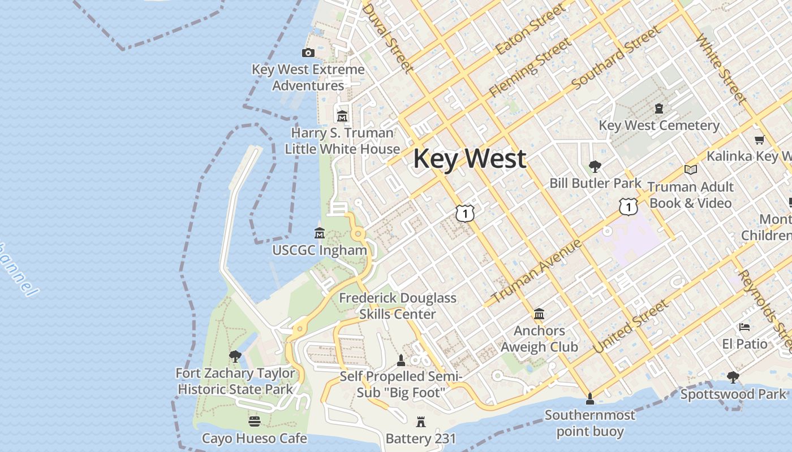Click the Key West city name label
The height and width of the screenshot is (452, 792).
pos(470,159)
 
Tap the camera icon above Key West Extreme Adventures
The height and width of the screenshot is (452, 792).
pos(308,53)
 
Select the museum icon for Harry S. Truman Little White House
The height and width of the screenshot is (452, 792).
pos(342,116)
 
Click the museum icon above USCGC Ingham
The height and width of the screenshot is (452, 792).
pos(320,233)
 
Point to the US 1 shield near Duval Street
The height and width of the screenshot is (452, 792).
pos(464,214)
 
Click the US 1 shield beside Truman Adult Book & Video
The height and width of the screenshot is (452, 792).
pos(628,207)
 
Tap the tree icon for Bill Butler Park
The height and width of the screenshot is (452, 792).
pos(595,167)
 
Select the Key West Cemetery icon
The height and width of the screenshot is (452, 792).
pos(659,108)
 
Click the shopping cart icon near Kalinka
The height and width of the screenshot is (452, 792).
pos(759,140)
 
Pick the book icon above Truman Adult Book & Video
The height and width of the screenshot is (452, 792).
pos(690,169)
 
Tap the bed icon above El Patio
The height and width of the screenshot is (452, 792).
pos(744,327)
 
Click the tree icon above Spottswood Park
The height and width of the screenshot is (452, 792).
pos(733,377)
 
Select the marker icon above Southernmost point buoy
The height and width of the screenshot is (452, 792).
pos(590,399)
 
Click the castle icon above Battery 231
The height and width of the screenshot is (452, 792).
pos(420,421)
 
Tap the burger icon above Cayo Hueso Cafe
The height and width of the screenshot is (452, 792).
pos(255,421)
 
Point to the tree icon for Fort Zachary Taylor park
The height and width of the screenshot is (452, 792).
pos(235,357)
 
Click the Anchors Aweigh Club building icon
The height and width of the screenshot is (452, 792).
pos(539,314)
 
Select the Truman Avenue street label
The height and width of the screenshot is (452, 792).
pos(536,271)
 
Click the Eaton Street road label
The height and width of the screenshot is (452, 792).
pos(530,29)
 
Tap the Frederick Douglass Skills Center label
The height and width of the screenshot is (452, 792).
pos(398,306)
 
